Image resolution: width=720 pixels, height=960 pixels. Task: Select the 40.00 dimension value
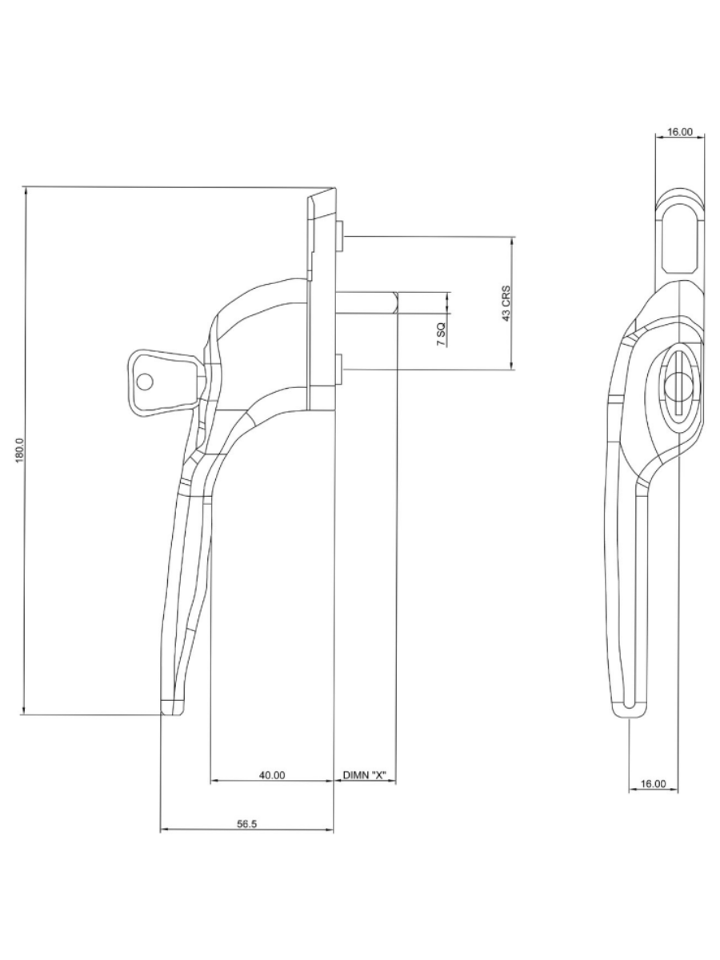point(272,774)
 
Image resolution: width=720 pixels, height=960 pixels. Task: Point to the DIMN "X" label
point(364,774)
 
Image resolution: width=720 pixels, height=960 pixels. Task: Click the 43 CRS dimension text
point(506,303)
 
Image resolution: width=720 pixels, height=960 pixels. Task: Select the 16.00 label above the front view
point(680,132)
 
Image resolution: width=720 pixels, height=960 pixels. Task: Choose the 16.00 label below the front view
point(654,783)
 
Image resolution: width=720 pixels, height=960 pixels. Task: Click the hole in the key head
point(144,382)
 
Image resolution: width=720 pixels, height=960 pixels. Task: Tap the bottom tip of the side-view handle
point(173,707)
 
